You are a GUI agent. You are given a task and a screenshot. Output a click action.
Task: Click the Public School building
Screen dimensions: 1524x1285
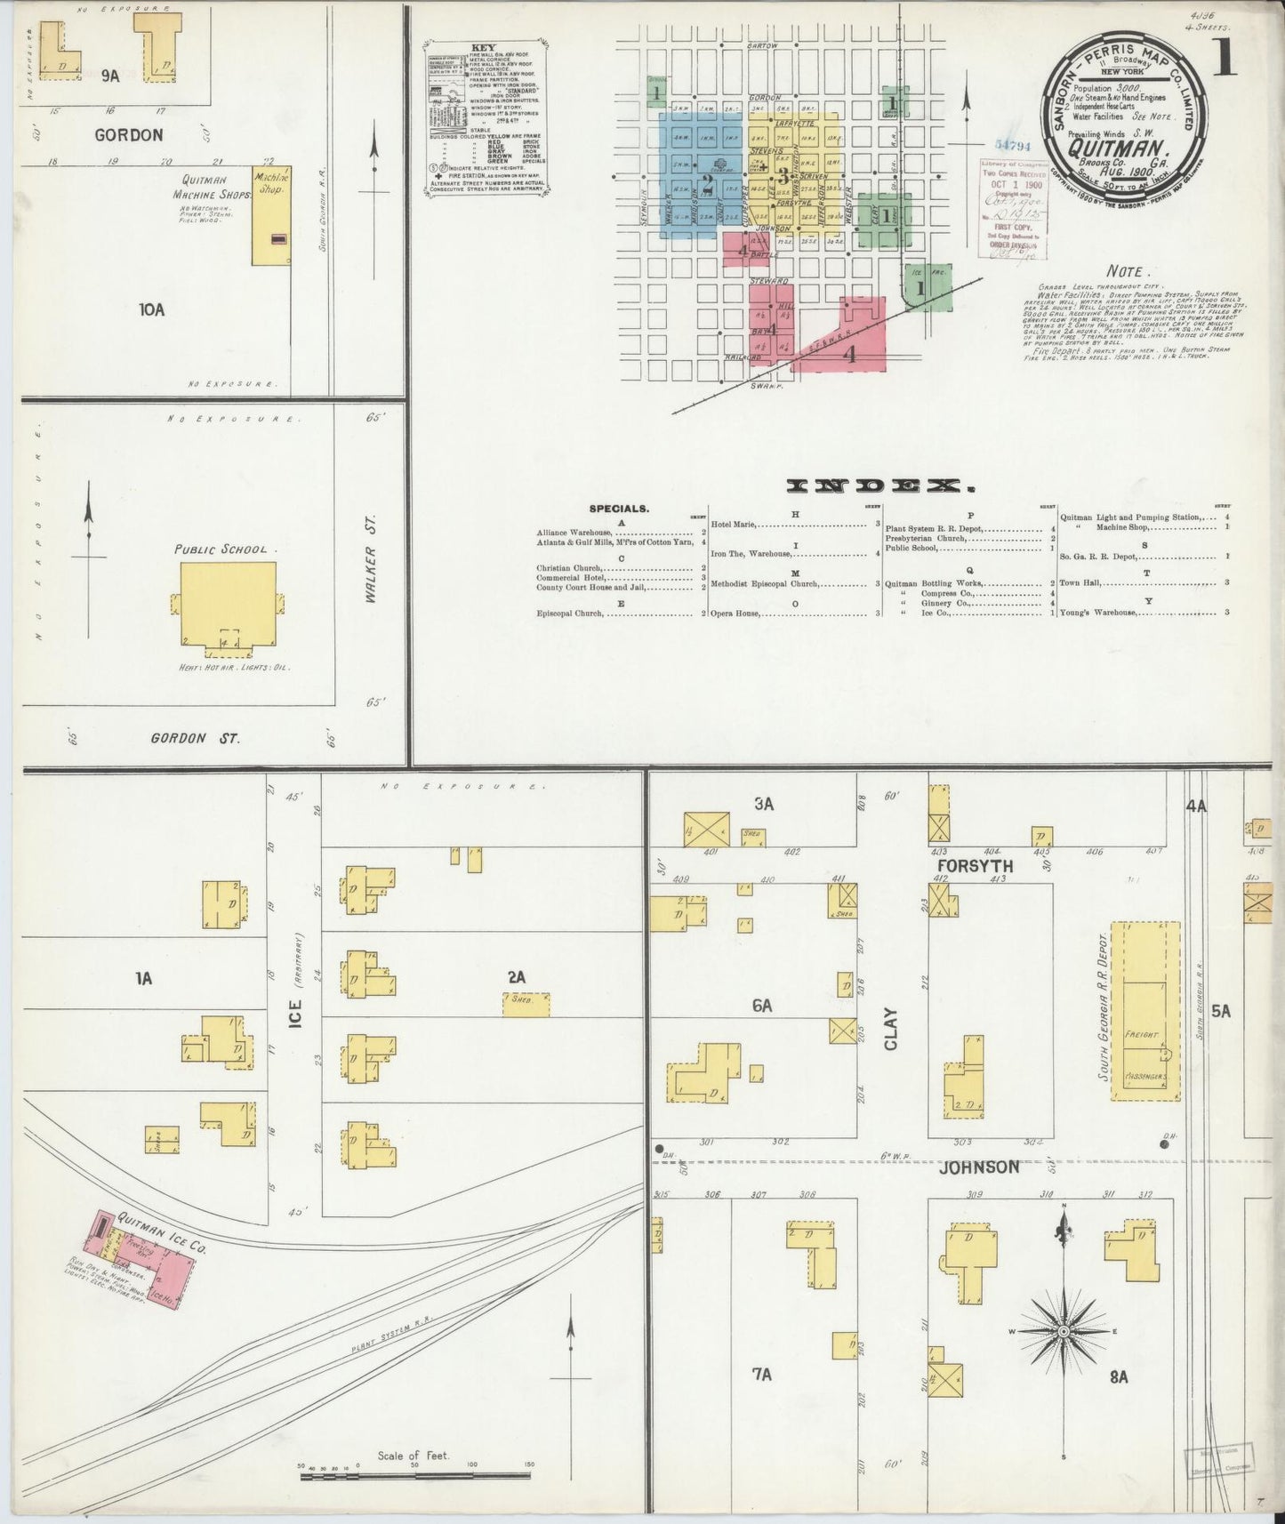click(x=227, y=601)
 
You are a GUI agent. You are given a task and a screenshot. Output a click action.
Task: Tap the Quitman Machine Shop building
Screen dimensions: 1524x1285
click(x=271, y=216)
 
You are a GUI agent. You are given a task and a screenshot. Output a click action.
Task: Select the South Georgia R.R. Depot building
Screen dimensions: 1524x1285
click(x=1146, y=1011)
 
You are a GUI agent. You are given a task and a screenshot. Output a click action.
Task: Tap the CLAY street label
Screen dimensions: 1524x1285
click(x=890, y=1028)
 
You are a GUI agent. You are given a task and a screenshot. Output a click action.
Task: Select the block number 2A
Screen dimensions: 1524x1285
click(x=516, y=977)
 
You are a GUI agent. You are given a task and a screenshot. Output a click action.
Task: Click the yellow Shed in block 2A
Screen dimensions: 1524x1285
click(x=526, y=1004)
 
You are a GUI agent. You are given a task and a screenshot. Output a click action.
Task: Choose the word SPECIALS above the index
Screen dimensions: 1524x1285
click(x=619, y=509)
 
